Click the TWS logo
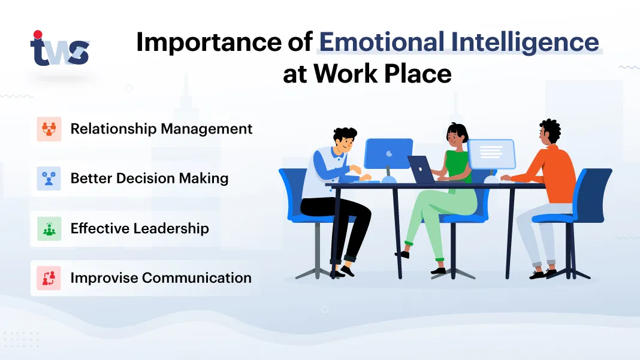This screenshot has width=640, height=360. (59, 50)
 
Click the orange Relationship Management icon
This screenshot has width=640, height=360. (49, 129)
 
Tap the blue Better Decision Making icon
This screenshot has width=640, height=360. (49, 179)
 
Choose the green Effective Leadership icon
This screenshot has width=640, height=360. (49, 228)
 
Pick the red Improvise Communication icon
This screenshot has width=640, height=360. (49, 278)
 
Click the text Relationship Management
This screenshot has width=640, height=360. (161, 129)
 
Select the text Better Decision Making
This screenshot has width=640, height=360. (149, 179)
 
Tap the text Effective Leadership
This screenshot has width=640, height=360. (140, 228)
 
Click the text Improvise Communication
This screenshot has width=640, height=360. (161, 278)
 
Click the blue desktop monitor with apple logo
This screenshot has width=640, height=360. (388, 153)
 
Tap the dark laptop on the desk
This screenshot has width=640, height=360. (422, 170)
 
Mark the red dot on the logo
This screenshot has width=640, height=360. (38, 34)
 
